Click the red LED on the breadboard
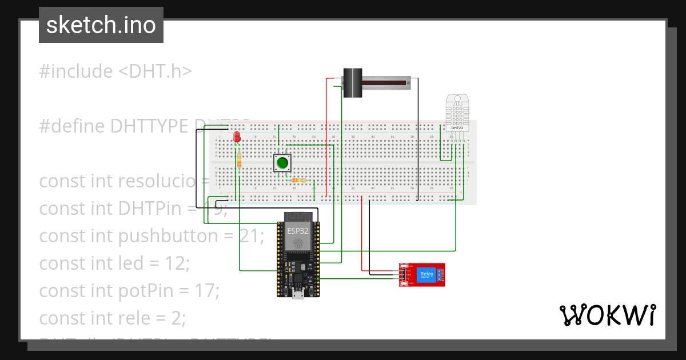click(237, 137)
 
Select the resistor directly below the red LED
click(239, 160)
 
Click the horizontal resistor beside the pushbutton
click(298, 181)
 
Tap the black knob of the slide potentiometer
click(352, 83)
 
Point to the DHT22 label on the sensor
click(457, 127)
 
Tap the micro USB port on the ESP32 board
click(297, 294)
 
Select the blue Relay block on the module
click(426, 275)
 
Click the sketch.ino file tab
click(101, 25)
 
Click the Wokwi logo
click(607, 315)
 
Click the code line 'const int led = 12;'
click(114, 263)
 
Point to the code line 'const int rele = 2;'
click(113, 318)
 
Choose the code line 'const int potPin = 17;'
click(129, 291)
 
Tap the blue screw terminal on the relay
click(440, 275)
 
